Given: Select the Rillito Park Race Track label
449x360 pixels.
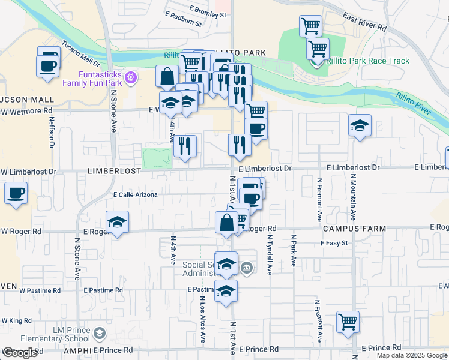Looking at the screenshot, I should pyautogui.click(x=368, y=61).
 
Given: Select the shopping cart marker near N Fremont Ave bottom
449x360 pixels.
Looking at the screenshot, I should pyautogui.click(x=348, y=321).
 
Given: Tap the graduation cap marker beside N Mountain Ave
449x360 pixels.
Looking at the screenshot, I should pyautogui.click(x=360, y=125).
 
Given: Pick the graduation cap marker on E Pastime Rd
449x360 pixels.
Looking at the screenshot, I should pyautogui.click(x=226, y=292).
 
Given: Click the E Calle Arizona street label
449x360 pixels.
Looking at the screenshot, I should pyautogui.click(x=135, y=194).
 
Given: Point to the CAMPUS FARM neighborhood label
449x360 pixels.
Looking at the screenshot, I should pyautogui.click(x=348, y=229).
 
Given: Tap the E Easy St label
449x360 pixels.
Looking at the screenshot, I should pyautogui.click(x=334, y=243).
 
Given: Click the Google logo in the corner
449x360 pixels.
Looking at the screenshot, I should pyautogui.click(x=20, y=353).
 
